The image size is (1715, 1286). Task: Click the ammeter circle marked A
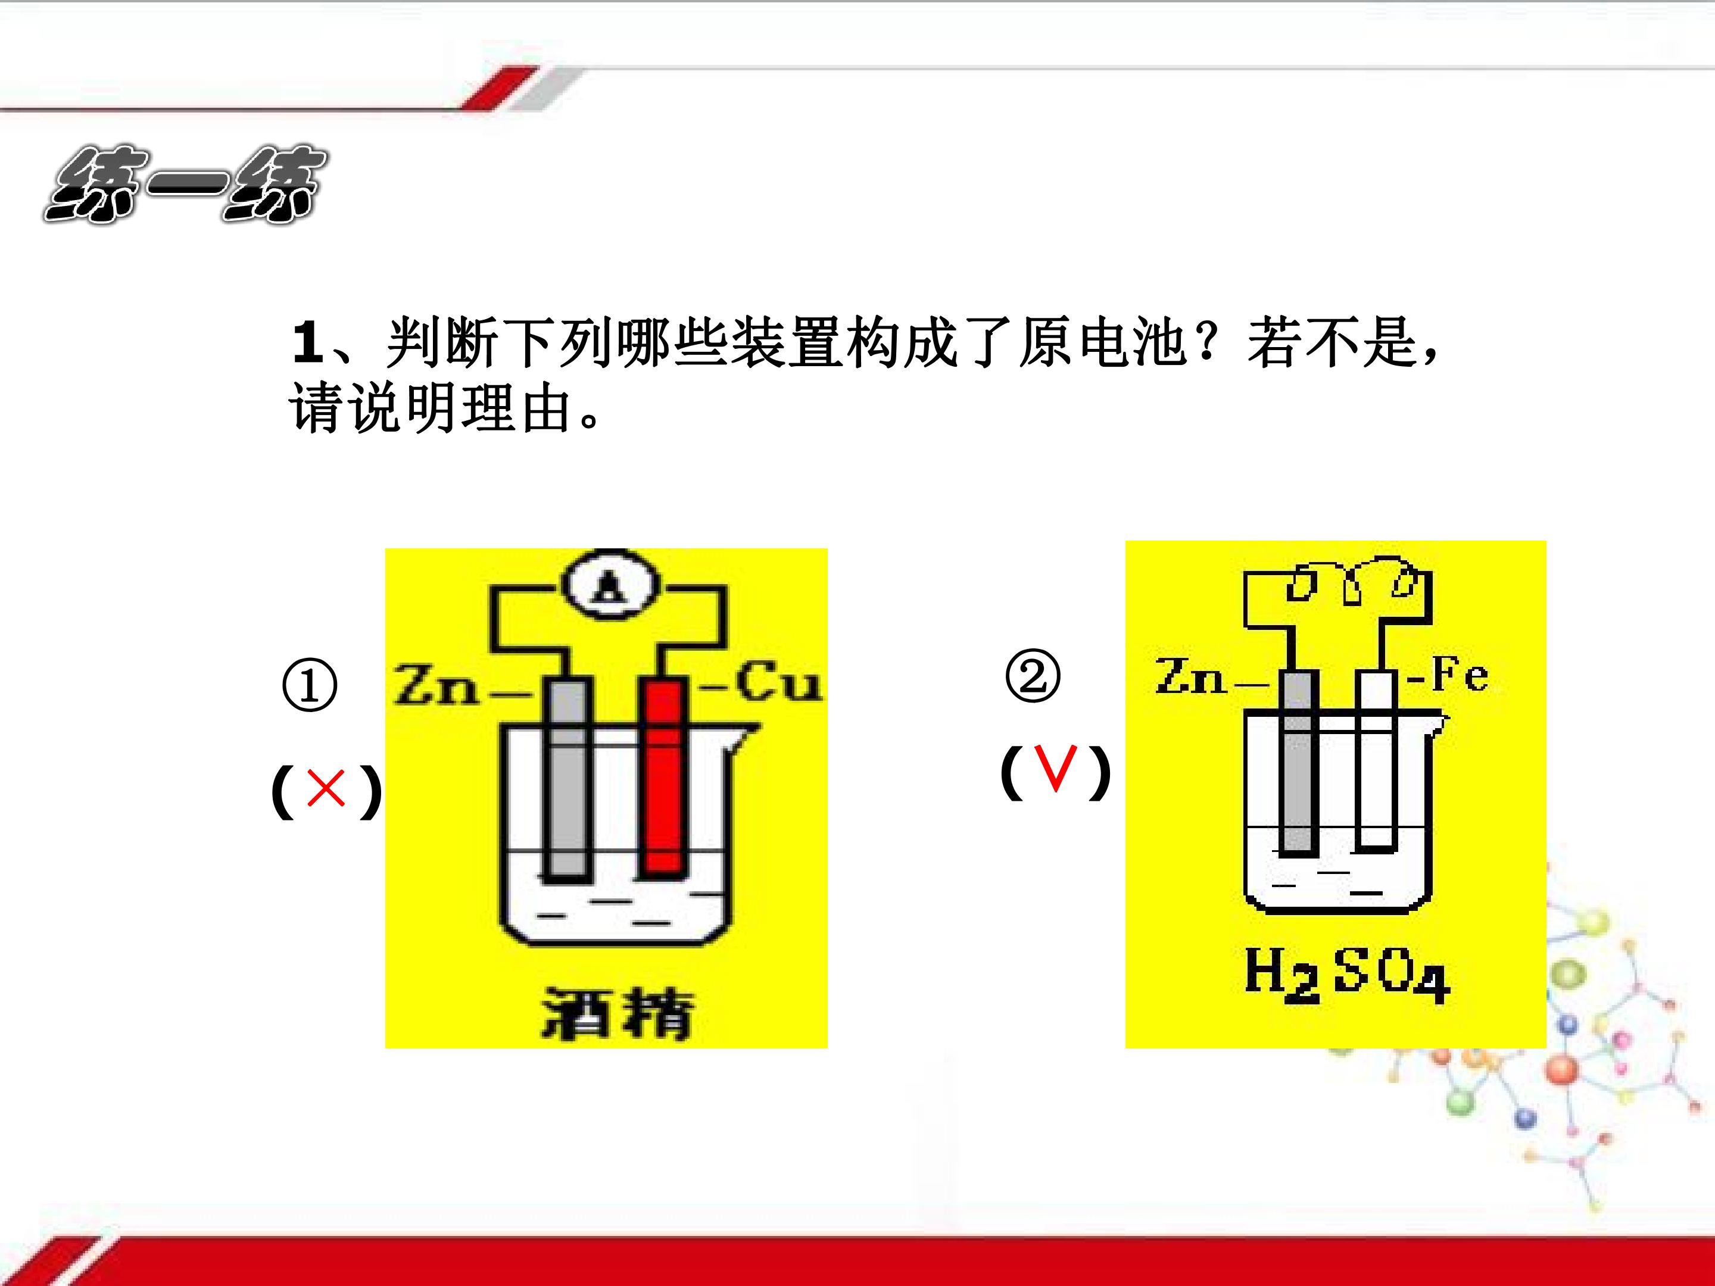pos(611,585)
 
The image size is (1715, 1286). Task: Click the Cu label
pos(777,683)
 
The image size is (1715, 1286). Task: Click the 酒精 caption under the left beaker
pos(616,1013)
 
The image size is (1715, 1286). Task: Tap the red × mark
pos(326,789)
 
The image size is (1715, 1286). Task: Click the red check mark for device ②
pos(1057,768)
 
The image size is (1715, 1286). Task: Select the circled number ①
pos(309,685)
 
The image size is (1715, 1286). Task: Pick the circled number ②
pos(1033,675)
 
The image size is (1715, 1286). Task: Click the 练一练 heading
pos(186,185)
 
